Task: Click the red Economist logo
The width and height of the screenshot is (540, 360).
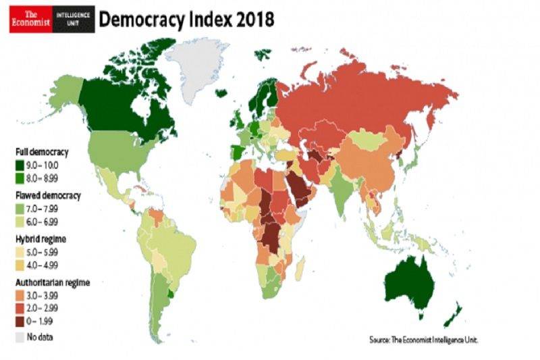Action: [29, 20]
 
